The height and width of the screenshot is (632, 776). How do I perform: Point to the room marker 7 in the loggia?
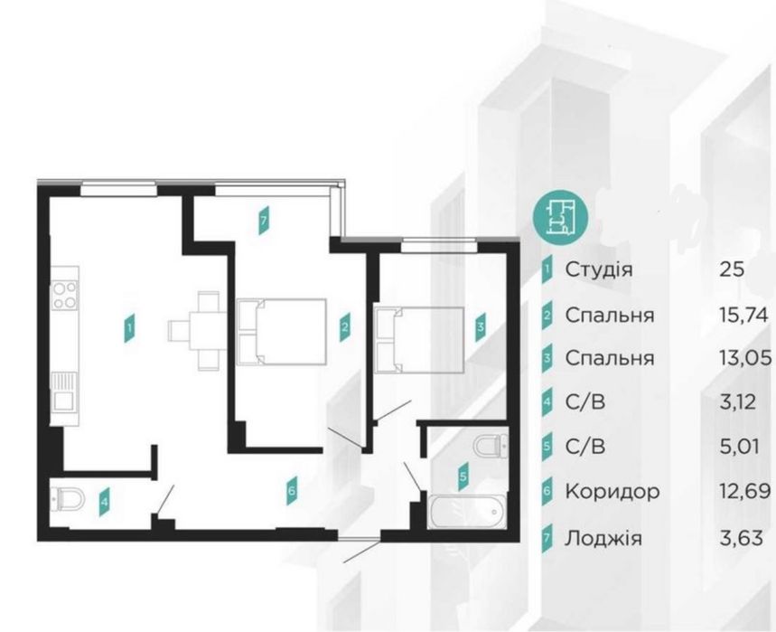pos(263,221)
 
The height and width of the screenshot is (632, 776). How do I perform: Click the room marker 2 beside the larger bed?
pos(344,326)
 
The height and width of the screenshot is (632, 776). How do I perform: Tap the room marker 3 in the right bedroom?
pos(481,326)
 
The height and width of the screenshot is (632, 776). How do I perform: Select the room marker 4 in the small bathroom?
pos(105,498)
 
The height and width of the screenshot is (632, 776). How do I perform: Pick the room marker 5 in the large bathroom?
pos(463,474)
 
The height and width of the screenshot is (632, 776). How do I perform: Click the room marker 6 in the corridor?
pos(291,491)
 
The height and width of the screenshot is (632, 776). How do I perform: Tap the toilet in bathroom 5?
pos(489,446)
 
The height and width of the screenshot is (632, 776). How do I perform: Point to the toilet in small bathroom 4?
pos(67,495)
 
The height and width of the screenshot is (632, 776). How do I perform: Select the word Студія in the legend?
pos(598,269)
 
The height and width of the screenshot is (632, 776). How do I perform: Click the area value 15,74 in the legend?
pos(742,315)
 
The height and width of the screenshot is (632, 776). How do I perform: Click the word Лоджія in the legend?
pos(603,538)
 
